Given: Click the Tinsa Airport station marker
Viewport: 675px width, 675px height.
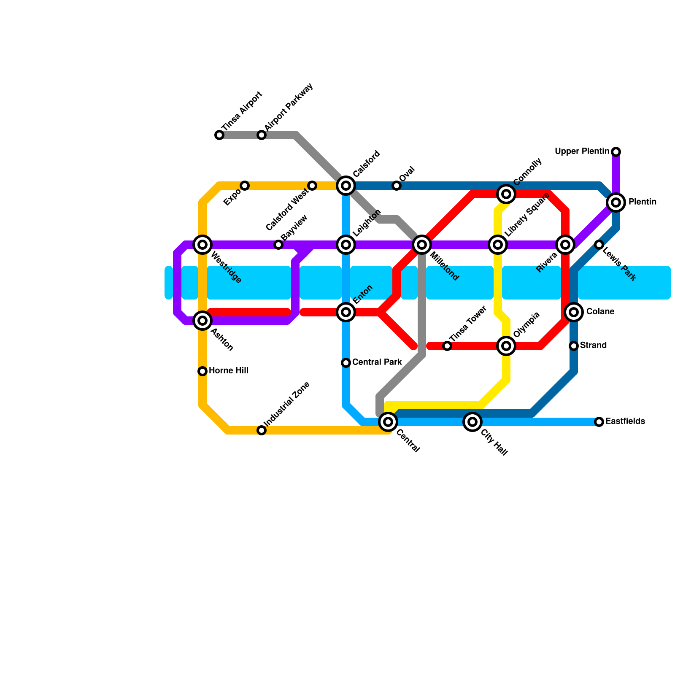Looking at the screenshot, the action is [219, 135].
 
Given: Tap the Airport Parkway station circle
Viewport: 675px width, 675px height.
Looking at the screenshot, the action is [262, 135].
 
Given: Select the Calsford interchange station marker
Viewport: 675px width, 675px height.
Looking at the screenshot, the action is [346, 186].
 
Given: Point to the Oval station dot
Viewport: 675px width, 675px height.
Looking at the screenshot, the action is [397, 186].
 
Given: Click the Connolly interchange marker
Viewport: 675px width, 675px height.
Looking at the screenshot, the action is [506, 194].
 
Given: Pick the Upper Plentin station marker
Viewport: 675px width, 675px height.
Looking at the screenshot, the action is [616, 152].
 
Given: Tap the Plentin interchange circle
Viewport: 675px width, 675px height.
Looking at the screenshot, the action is [616, 202].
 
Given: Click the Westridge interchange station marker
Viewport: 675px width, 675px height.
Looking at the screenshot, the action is [202, 245].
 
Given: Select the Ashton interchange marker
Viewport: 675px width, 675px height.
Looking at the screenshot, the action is [202, 321].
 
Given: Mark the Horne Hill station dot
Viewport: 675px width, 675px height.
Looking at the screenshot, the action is [202, 371].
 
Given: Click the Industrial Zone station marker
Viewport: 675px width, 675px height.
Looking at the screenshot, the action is [262, 430].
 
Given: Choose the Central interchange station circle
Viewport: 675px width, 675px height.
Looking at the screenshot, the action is [388, 422].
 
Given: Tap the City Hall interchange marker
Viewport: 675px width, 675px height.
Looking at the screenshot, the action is [472, 422].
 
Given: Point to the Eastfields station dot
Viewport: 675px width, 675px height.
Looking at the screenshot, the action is [599, 422].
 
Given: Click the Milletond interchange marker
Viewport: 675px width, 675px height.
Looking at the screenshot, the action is [422, 245].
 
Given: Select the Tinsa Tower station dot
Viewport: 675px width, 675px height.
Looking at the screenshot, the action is [447, 346].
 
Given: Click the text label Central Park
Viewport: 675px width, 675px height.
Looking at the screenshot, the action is [377, 362].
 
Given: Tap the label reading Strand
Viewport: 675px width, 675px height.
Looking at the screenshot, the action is [593, 346].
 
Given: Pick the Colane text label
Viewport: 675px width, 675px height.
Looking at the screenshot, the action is [600, 312].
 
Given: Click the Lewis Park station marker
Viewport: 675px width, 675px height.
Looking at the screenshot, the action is [599, 245].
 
